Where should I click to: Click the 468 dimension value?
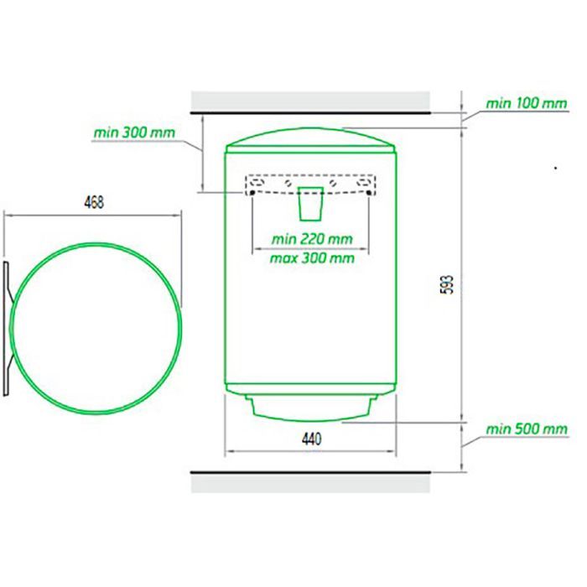(x=94, y=203)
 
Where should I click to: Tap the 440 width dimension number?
(x=311, y=439)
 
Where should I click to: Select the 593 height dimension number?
(x=448, y=284)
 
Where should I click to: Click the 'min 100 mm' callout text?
(x=527, y=103)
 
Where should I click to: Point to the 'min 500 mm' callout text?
(x=527, y=429)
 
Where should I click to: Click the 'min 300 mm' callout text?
(x=134, y=132)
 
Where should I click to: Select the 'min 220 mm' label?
(x=312, y=239)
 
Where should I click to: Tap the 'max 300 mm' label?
(x=312, y=258)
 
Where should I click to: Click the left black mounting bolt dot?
(x=252, y=193)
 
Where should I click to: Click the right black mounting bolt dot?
(x=369, y=193)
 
